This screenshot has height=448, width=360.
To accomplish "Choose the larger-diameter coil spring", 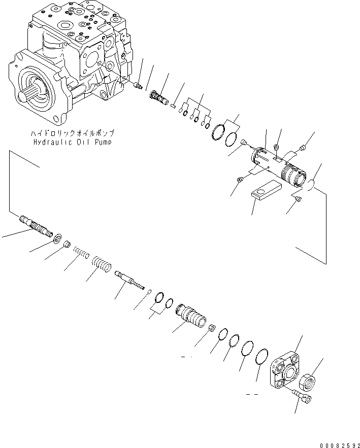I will click(101, 264).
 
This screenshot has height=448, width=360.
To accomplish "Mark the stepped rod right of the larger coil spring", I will click(129, 279).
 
